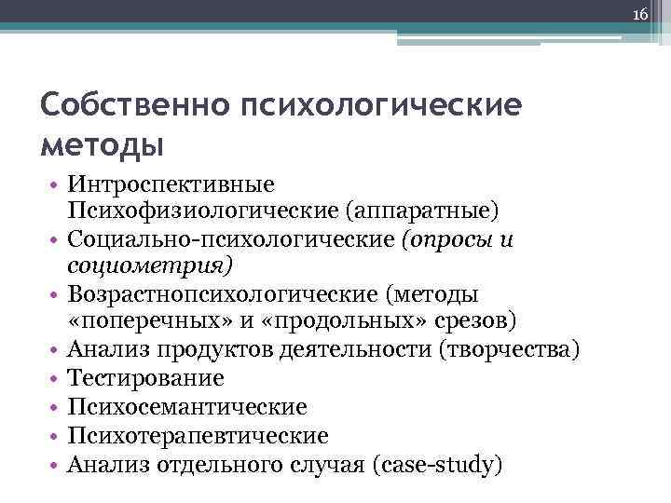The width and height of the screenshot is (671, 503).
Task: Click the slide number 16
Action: click(640, 15)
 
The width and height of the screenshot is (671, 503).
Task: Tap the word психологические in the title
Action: click(381, 104)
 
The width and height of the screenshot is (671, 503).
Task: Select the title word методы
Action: click(102, 145)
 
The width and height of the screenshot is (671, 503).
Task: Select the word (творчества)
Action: click(504, 349)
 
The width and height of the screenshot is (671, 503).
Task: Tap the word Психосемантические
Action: click(187, 407)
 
